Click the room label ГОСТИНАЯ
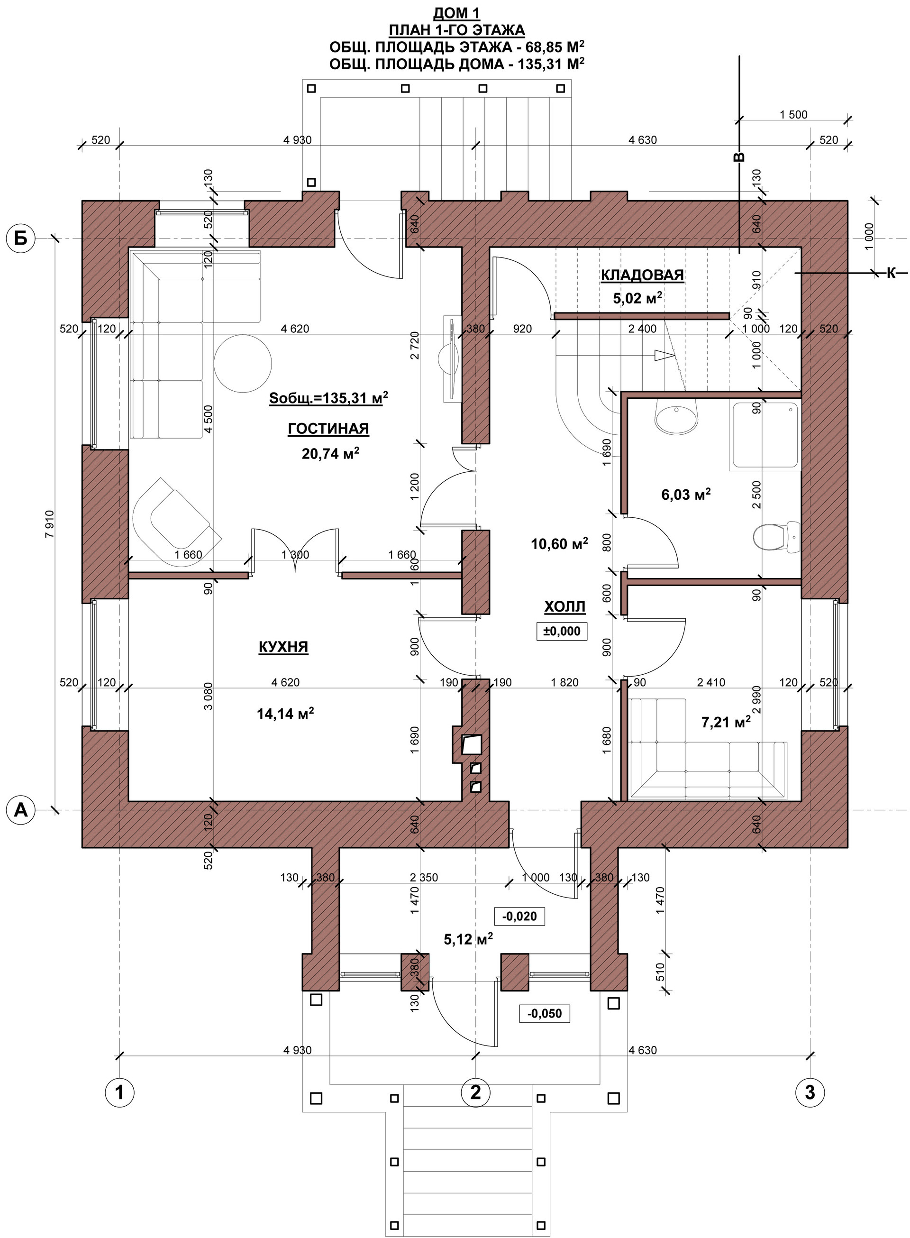pyautogui.click(x=328, y=429)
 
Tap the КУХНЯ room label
pyautogui.click(x=283, y=646)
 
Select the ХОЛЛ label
pyautogui.click(x=564, y=607)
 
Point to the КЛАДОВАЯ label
pyautogui.click(x=642, y=275)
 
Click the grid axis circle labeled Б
pyautogui.click(x=20, y=238)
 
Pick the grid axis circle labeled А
pyautogui.click(x=20, y=810)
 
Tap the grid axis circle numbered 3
pyautogui.click(x=810, y=1091)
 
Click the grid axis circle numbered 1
pyautogui.click(x=119, y=1091)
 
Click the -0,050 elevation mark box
pyautogui.click(x=544, y=1013)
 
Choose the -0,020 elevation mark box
pyautogui.click(x=519, y=916)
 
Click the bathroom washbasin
pyautogui.click(x=676, y=416)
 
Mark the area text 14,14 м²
pyautogui.click(x=285, y=715)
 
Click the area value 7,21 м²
pyautogui.click(x=726, y=722)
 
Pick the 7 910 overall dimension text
pyautogui.click(x=50, y=523)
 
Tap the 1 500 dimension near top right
pyautogui.click(x=793, y=115)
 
